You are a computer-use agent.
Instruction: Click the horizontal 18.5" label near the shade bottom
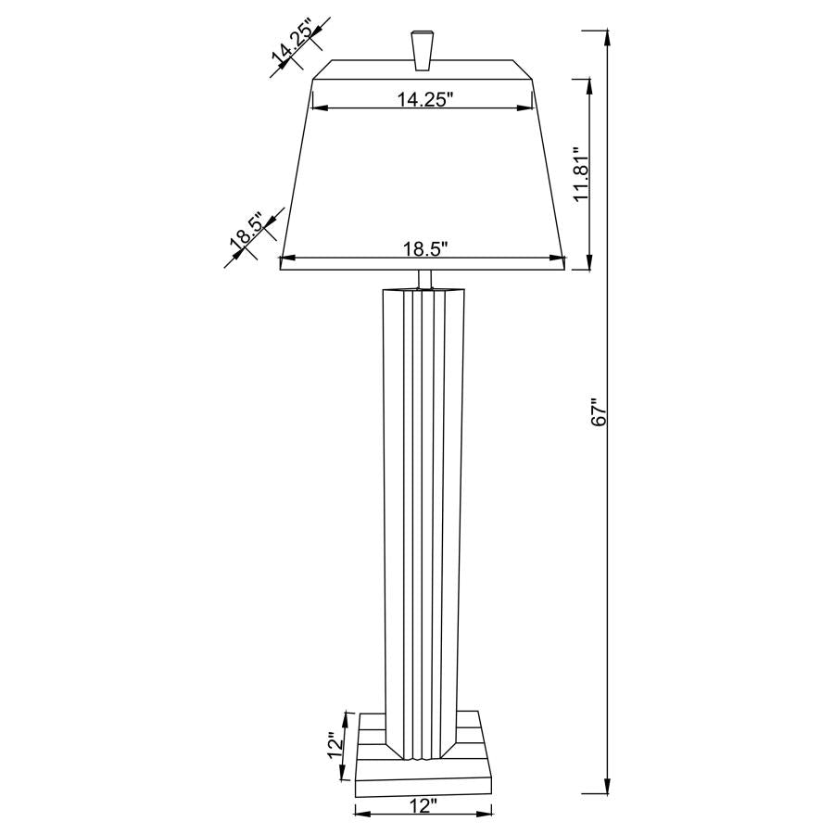coord(425,248)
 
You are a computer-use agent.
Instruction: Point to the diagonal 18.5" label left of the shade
coord(246,234)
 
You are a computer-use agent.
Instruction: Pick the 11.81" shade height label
coord(580,174)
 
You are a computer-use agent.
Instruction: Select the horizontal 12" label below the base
coord(422,805)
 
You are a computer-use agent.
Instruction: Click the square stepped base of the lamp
coord(423,769)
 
